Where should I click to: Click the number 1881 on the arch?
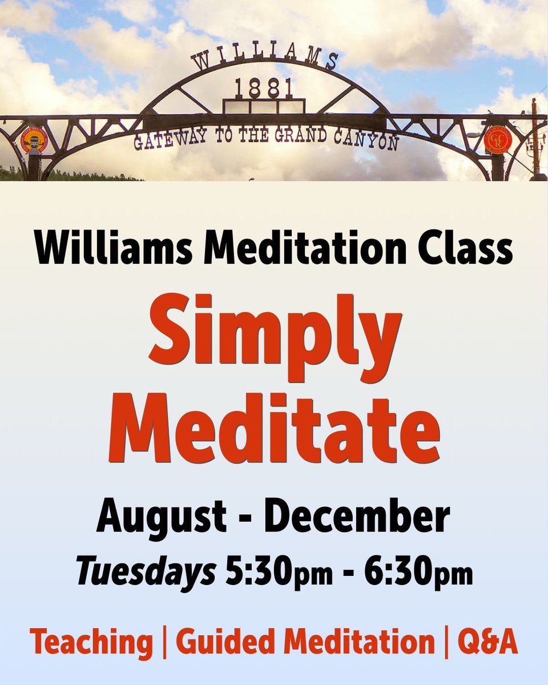[x=264, y=88]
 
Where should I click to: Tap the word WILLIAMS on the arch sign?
[x=265, y=58]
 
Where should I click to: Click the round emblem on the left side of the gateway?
[x=34, y=139]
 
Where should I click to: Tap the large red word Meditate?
[x=274, y=425]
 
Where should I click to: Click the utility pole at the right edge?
[x=535, y=137]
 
